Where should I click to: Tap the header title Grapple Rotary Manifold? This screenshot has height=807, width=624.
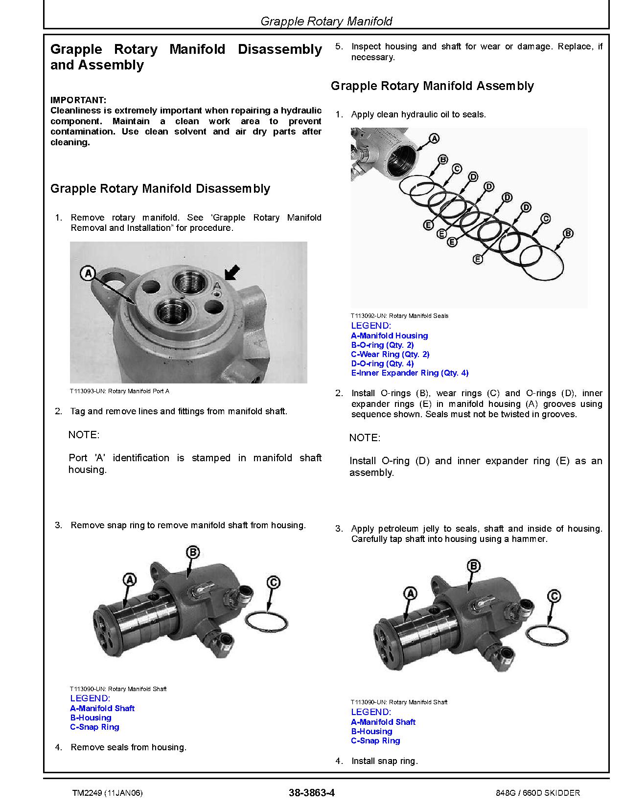[x=326, y=21]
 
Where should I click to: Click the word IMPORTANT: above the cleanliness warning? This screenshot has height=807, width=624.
[x=78, y=100]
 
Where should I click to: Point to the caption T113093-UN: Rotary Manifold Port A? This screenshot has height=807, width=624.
[x=119, y=391]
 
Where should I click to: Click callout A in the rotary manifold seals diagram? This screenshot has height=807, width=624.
[x=434, y=139]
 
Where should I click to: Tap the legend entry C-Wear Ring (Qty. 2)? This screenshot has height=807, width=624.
[x=390, y=354]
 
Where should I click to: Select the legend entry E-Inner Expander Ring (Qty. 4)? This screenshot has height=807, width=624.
[x=410, y=373]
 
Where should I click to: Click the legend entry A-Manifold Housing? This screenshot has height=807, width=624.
[x=389, y=336]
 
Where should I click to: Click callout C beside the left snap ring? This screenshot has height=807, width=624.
[x=274, y=583]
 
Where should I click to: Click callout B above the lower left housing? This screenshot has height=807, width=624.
[x=193, y=553]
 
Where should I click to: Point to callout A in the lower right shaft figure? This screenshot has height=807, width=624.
[x=411, y=594]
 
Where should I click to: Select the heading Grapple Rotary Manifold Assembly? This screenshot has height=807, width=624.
[x=432, y=86]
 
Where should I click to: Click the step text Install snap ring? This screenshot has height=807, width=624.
[x=384, y=761]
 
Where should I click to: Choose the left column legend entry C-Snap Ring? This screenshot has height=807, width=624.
[x=94, y=727]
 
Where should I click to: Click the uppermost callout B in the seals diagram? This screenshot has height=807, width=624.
[x=442, y=159]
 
